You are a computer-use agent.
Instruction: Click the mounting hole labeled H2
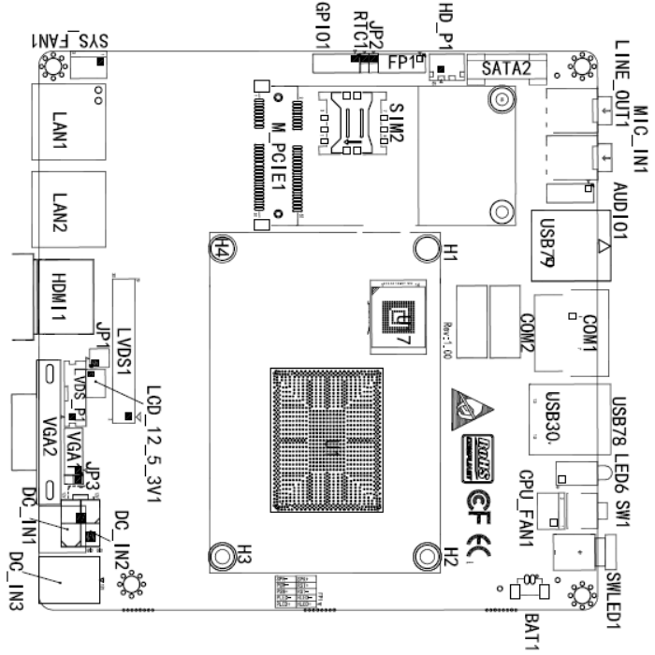[x=427, y=554]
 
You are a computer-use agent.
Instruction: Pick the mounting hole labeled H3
[x=222, y=555]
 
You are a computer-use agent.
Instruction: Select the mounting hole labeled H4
[x=222, y=247]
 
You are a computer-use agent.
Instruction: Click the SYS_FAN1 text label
[x=70, y=41]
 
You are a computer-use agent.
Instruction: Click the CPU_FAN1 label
[x=527, y=510]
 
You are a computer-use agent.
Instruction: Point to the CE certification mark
[x=484, y=544]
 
